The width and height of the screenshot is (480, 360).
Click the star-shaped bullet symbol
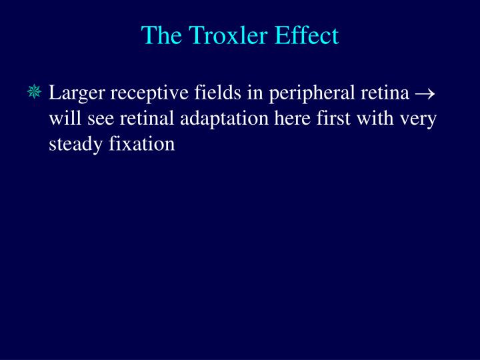coord(35,93)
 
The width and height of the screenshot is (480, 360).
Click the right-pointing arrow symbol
coord(425,95)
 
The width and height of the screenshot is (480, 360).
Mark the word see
coord(100,120)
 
